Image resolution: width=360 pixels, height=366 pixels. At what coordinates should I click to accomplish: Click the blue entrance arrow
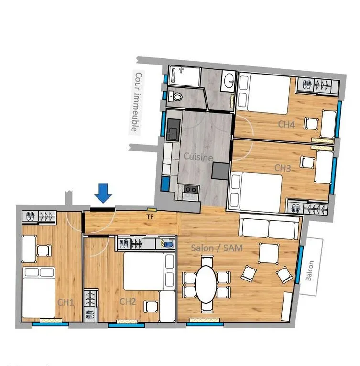103,193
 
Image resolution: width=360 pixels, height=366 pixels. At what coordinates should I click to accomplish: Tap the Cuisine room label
198,157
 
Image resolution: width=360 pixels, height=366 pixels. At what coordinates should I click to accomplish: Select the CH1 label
65,302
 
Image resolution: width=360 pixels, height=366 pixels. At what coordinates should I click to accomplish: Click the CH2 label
128,301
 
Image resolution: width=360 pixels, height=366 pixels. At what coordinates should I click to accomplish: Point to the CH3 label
283,168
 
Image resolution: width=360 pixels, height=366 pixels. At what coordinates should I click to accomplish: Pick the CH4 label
287,124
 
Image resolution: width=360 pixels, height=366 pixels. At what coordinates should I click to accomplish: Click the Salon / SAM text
217,248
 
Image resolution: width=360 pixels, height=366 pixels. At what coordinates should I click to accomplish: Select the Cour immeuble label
137,101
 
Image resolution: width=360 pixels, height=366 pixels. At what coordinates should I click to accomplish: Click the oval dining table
207,284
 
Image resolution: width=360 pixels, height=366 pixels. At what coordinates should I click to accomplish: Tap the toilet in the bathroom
176,96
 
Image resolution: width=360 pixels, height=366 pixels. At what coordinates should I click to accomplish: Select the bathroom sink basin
229,80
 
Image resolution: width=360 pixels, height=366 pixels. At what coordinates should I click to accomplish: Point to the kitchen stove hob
191,192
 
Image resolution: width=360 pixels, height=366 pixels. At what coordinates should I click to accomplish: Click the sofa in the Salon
269,228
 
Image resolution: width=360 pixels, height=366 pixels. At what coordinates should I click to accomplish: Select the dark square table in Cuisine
220,171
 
